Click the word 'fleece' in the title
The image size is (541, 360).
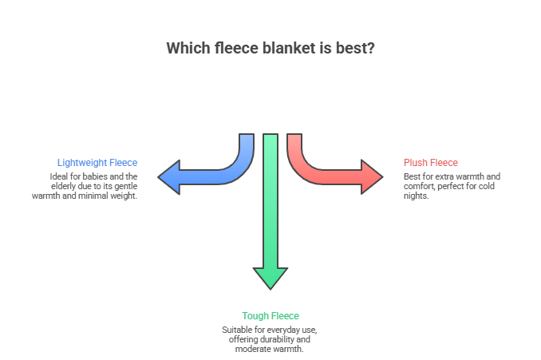coord(226,48)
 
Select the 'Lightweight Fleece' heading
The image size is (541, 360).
coord(97,163)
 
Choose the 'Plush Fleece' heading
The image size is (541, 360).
coord(431,163)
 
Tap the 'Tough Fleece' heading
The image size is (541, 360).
coord(270,316)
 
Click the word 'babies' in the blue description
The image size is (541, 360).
coord(88,176)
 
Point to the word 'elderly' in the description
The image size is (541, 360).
coord(63,185)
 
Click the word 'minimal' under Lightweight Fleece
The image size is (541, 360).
coord(101,195)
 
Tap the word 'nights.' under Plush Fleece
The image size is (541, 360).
coord(417,195)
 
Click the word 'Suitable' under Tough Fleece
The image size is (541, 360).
coord(239,330)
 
